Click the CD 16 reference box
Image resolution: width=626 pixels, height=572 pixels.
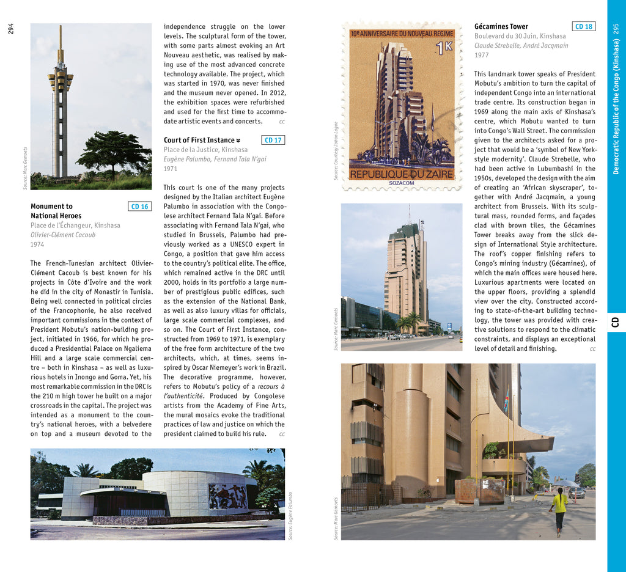click(x=140, y=207)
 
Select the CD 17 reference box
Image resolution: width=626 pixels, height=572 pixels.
click(x=273, y=140)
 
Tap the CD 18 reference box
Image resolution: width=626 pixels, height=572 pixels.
click(x=584, y=26)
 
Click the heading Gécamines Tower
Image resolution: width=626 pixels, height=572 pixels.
click(x=501, y=26)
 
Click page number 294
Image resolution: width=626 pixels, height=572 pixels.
click(x=11, y=29)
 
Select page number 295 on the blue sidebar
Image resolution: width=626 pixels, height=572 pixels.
click(x=616, y=29)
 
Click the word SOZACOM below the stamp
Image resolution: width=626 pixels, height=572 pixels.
click(x=402, y=182)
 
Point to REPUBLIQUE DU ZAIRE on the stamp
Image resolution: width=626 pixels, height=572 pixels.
click(x=402, y=174)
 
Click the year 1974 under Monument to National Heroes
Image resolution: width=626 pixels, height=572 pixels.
click(x=37, y=244)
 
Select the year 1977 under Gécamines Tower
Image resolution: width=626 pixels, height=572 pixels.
click(x=481, y=55)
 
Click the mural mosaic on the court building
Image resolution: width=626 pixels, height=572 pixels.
click(x=227, y=496)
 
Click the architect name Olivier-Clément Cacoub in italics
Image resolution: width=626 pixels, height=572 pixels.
click(x=63, y=235)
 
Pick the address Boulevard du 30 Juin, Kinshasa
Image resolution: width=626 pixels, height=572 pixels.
click(x=520, y=36)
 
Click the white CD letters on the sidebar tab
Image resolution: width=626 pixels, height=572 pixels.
click(x=616, y=322)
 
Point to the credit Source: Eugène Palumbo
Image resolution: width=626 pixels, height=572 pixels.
click(x=291, y=516)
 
